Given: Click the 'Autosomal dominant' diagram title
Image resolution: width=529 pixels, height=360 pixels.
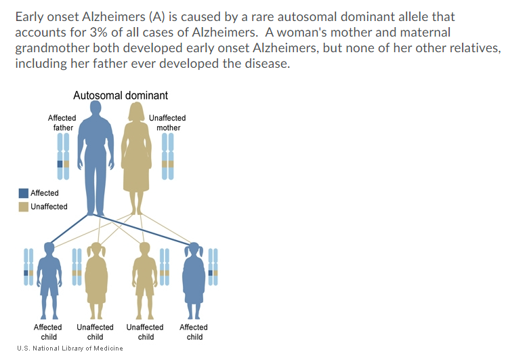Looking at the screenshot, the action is (121, 96).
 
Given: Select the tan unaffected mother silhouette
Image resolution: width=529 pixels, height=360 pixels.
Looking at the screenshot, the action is (136, 156).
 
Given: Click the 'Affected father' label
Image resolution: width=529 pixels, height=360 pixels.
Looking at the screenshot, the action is (62, 123).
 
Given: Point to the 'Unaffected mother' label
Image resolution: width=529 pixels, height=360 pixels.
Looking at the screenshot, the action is (167, 123).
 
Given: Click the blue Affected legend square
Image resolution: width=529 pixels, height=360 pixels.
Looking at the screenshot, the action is (23, 193).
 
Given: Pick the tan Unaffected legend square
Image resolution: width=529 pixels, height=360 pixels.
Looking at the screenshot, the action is (23, 206).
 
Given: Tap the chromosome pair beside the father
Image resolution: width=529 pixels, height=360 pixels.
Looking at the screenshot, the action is (63, 157).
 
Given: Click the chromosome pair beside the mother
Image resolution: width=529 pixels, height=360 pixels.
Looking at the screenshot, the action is (167, 157).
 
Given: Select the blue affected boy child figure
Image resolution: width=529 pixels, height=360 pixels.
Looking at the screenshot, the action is (49, 278).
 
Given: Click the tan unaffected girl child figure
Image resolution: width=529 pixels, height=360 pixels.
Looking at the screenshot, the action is (96, 278).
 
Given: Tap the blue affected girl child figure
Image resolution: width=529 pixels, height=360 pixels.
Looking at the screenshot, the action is (194, 278).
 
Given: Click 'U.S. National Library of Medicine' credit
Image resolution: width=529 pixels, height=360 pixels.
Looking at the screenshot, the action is (65, 348).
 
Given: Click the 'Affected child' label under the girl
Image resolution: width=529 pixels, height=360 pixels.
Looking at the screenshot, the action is (194, 332).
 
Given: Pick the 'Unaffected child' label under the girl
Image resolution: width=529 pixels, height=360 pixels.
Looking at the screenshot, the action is (96, 332).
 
